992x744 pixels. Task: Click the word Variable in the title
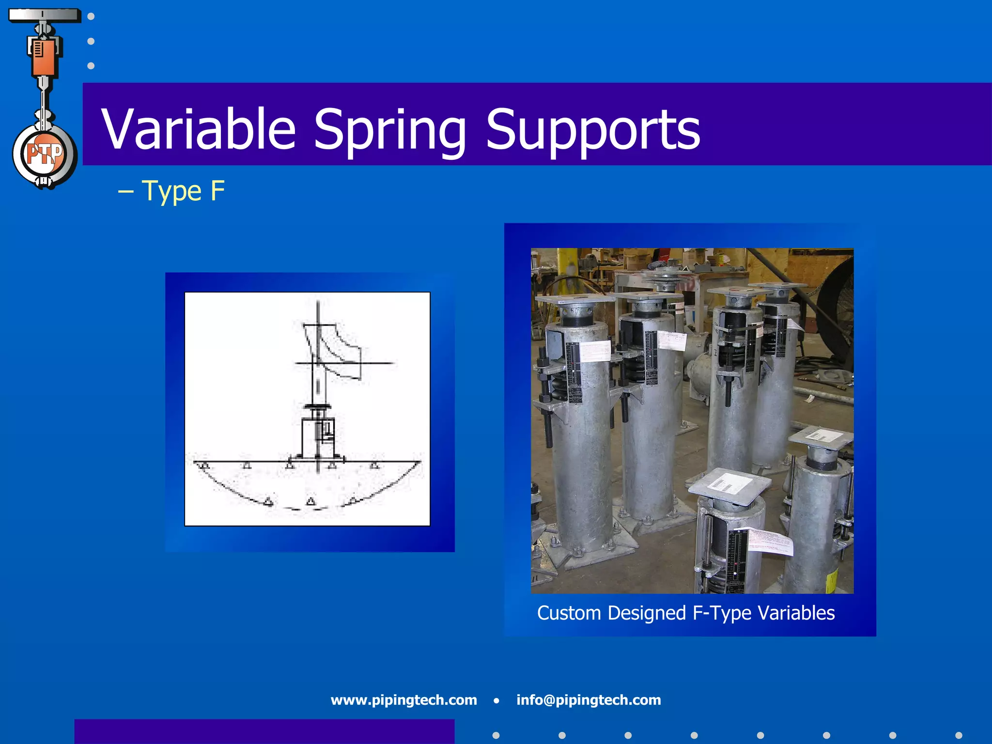198,129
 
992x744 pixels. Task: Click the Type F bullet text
183,191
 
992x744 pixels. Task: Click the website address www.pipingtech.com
403,700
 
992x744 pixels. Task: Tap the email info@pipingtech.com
588,700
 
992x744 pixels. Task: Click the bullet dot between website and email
496,700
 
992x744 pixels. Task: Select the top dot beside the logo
91,16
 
